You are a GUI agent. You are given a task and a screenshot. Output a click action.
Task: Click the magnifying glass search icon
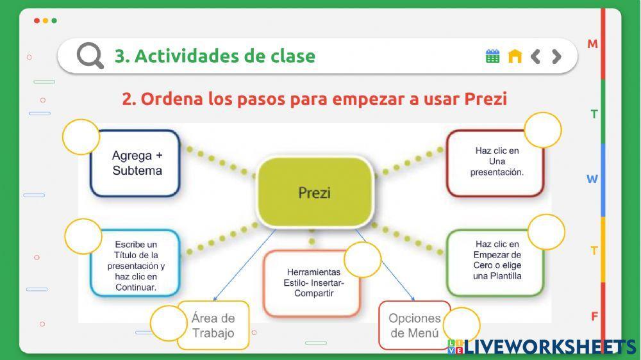coord(90,56)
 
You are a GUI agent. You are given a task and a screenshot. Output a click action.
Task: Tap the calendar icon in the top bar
coord(492,56)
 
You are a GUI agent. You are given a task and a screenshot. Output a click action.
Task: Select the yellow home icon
coord(515,56)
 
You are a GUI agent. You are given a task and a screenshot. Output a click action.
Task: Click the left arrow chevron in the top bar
coord(536,56)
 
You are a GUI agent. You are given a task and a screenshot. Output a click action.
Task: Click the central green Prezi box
coord(315,192)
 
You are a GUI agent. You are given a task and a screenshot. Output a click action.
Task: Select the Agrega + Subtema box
coord(136,163)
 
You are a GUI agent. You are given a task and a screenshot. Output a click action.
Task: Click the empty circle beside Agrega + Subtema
coord(81,137)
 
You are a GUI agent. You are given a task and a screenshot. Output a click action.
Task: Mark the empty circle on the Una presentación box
coord(543,131)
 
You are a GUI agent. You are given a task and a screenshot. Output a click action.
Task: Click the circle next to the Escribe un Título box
coord(83,236)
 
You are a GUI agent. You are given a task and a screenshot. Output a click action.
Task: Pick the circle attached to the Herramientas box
coord(363,259)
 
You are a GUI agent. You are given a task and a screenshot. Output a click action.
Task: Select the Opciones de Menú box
coord(413,325)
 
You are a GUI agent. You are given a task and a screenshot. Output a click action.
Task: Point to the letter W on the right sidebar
coord(592,179)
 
